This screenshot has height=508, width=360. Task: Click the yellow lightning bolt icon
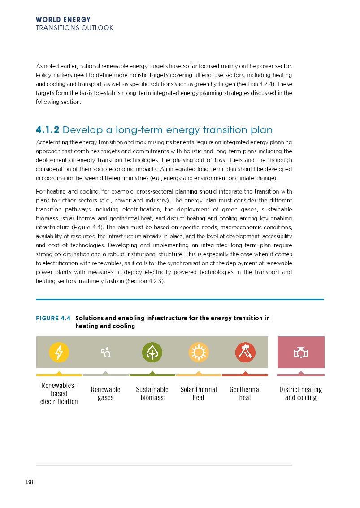(59, 352)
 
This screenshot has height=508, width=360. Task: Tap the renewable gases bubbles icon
(106, 353)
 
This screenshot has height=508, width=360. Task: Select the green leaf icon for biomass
(152, 352)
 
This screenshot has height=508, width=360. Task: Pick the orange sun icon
(199, 352)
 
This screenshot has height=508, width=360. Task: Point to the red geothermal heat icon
(245, 352)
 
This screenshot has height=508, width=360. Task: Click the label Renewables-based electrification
(59, 393)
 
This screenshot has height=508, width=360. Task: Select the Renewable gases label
(106, 393)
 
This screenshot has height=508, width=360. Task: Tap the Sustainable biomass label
(152, 393)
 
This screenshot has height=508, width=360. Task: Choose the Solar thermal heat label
(199, 393)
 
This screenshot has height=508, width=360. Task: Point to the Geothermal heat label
(245, 393)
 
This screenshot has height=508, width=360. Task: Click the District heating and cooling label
(301, 393)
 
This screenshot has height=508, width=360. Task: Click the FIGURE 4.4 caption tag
(53, 319)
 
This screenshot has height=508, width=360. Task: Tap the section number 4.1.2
(48, 130)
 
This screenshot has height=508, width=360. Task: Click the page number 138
(30, 482)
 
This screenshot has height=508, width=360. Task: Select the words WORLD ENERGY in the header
(63, 20)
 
